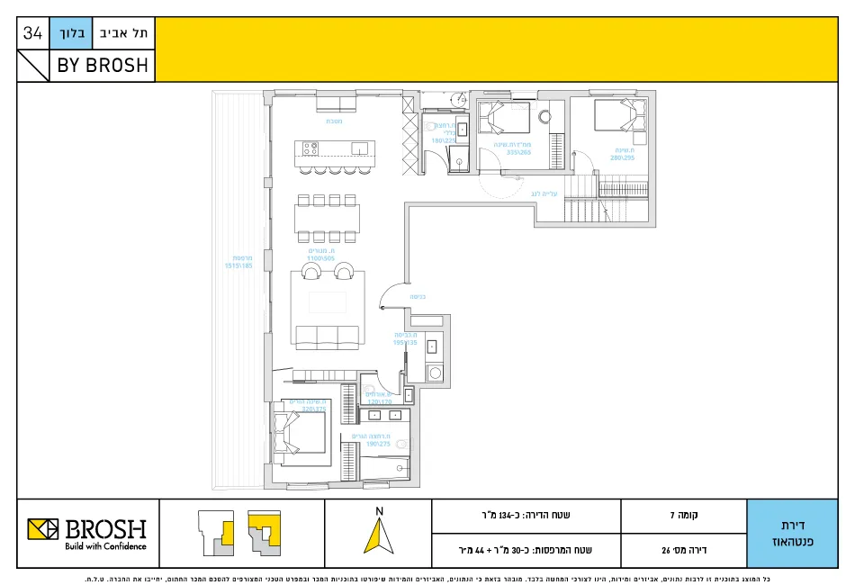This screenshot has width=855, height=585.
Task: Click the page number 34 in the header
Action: (x=32, y=33)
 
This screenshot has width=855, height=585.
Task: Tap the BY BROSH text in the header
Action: (x=102, y=66)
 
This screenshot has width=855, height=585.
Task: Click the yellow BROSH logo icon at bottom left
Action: (x=42, y=530)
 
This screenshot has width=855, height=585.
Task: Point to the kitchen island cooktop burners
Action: (x=311, y=148)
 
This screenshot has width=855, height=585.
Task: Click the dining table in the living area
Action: (x=327, y=219)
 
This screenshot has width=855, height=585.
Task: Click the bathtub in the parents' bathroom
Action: (x=384, y=468)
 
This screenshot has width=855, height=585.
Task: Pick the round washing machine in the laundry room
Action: (x=435, y=372)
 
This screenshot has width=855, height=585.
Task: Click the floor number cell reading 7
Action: (x=684, y=516)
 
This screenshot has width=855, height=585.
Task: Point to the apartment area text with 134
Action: (x=526, y=516)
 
